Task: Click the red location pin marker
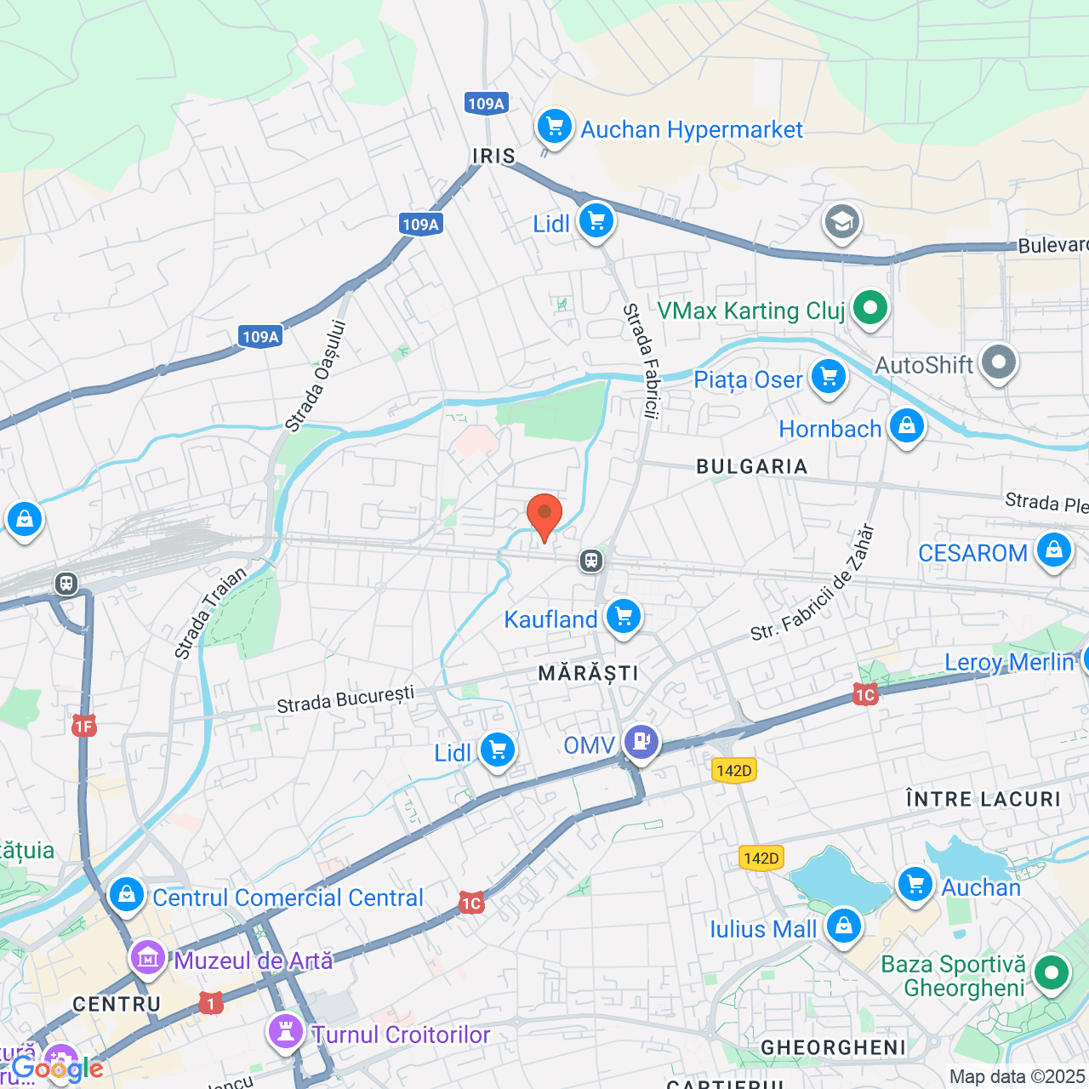point(544,516)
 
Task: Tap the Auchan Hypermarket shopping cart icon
point(554,128)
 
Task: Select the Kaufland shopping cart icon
point(624,617)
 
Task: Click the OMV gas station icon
point(641,742)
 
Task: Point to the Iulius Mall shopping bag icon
point(843,926)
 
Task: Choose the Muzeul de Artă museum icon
point(147,959)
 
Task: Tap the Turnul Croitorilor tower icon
point(286,1032)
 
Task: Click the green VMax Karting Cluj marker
point(869,308)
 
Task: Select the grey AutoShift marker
point(998,362)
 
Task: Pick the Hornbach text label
point(830,429)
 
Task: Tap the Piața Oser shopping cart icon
point(828,377)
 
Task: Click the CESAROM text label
point(972,553)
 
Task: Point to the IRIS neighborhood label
point(494,156)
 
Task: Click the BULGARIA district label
point(751,466)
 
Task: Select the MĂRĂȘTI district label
point(588,673)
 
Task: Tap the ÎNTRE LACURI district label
point(983,799)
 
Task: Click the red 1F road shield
point(83,726)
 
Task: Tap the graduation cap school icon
point(841,223)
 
